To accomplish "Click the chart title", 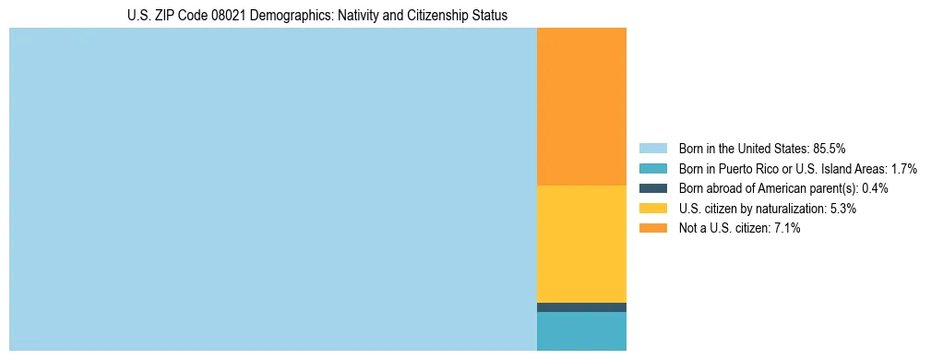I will (x=317, y=16).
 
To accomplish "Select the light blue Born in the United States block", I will (x=272, y=189).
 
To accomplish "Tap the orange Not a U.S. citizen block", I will (x=581, y=106).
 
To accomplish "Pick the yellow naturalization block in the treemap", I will (x=581, y=244).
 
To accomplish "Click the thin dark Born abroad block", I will (x=581, y=307).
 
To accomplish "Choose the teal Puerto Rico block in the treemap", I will (x=581, y=331).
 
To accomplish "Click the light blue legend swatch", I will (x=652, y=148).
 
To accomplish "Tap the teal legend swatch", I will (x=652, y=168).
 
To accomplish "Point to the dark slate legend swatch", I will (x=652, y=188).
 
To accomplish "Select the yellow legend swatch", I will (x=652, y=209).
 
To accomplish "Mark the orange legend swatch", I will (x=652, y=229).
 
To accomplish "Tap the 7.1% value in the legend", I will (x=785, y=229).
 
